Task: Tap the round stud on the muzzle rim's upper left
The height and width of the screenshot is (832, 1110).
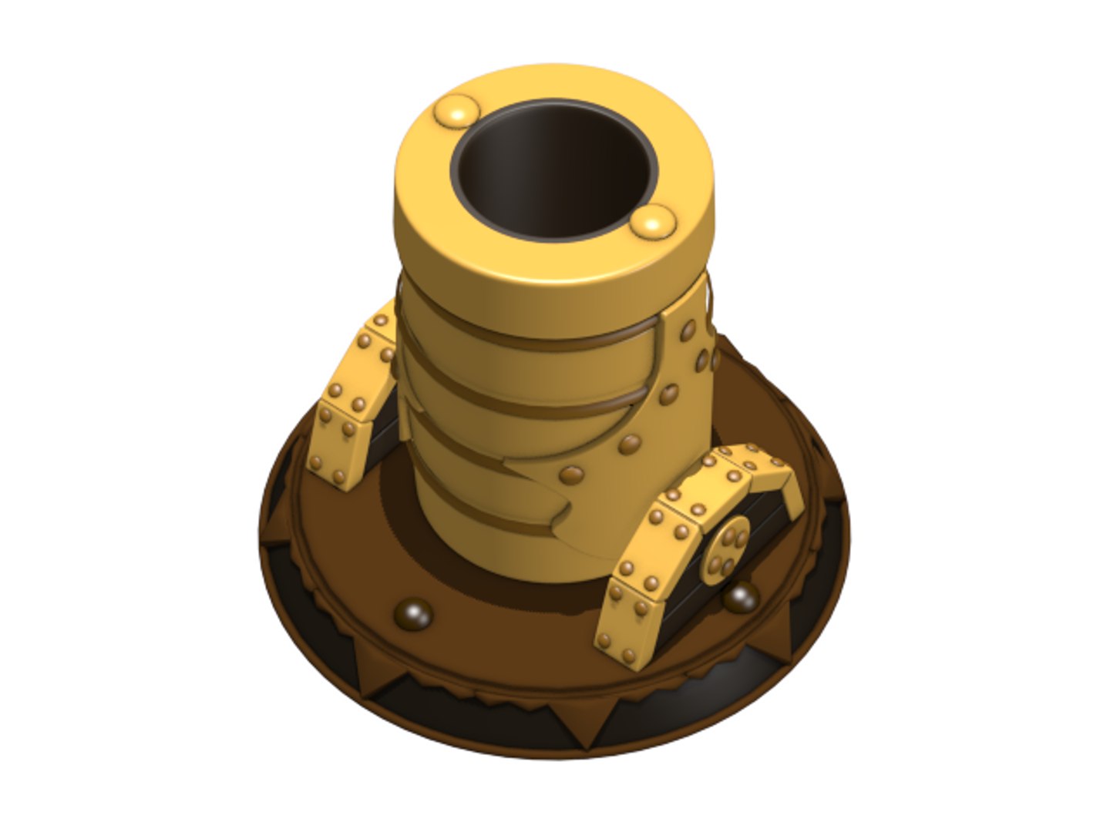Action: point(456,112)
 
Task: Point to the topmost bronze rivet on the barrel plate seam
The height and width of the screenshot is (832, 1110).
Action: point(688,331)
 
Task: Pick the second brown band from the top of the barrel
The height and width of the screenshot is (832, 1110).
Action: point(532,401)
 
